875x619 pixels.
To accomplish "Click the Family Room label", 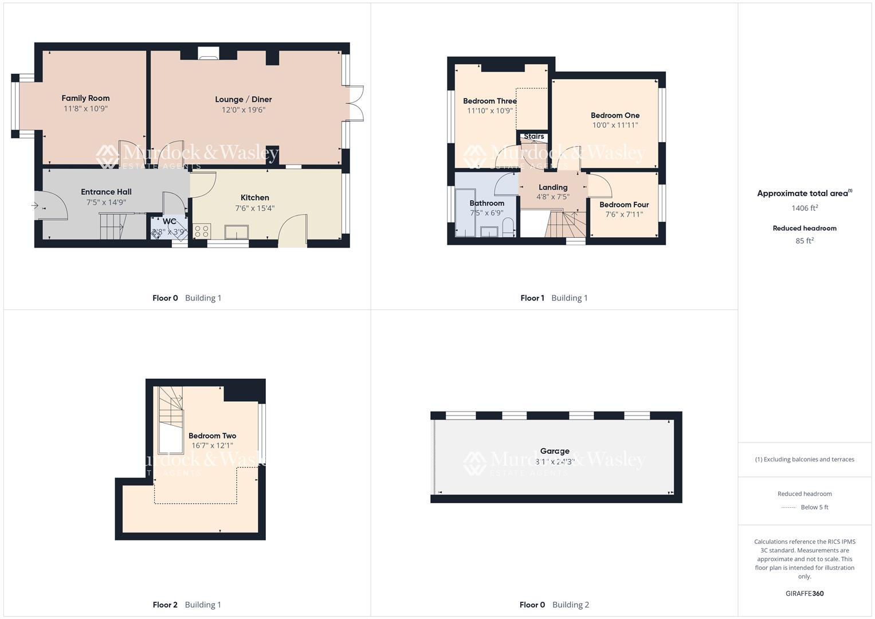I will (85, 98).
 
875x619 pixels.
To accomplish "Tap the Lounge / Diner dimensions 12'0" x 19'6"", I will (244, 110).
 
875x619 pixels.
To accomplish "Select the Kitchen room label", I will (254, 198).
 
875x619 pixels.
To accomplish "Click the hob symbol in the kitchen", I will (202, 231).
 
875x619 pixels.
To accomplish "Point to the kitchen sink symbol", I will (237, 232).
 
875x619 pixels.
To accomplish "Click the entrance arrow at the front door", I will (35, 205).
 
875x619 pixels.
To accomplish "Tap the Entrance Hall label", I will (106, 192).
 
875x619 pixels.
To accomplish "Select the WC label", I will (169, 221).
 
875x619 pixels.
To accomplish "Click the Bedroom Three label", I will (490, 101).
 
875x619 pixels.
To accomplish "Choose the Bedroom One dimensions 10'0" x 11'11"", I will (615, 125).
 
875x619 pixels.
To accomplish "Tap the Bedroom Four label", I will (624, 205).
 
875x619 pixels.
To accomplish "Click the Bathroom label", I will (486, 203).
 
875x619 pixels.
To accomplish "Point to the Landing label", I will (553, 187).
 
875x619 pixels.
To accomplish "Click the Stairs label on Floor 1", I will (533, 136).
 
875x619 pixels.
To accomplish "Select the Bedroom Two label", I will (212, 436).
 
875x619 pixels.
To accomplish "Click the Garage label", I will (555, 451).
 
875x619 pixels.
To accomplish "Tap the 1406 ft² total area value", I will (805, 208).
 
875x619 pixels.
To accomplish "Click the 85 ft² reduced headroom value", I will (805, 241).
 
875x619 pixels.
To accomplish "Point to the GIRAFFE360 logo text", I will (805, 593).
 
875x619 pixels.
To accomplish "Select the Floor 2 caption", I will (165, 605).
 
